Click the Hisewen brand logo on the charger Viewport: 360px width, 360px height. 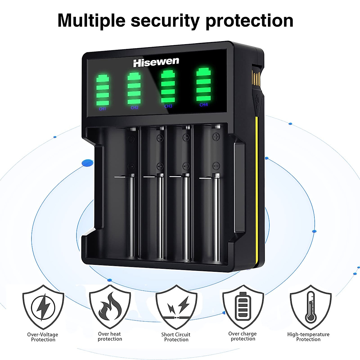coord(156,62)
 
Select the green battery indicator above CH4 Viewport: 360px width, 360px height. coord(203,85)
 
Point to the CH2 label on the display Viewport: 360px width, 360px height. coord(134,107)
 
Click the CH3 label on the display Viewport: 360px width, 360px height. coord(168,106)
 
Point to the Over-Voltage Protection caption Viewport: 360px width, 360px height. coord(43,337)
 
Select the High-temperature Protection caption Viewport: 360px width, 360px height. coord(308,337)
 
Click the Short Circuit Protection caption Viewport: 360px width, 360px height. coord(176,337)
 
